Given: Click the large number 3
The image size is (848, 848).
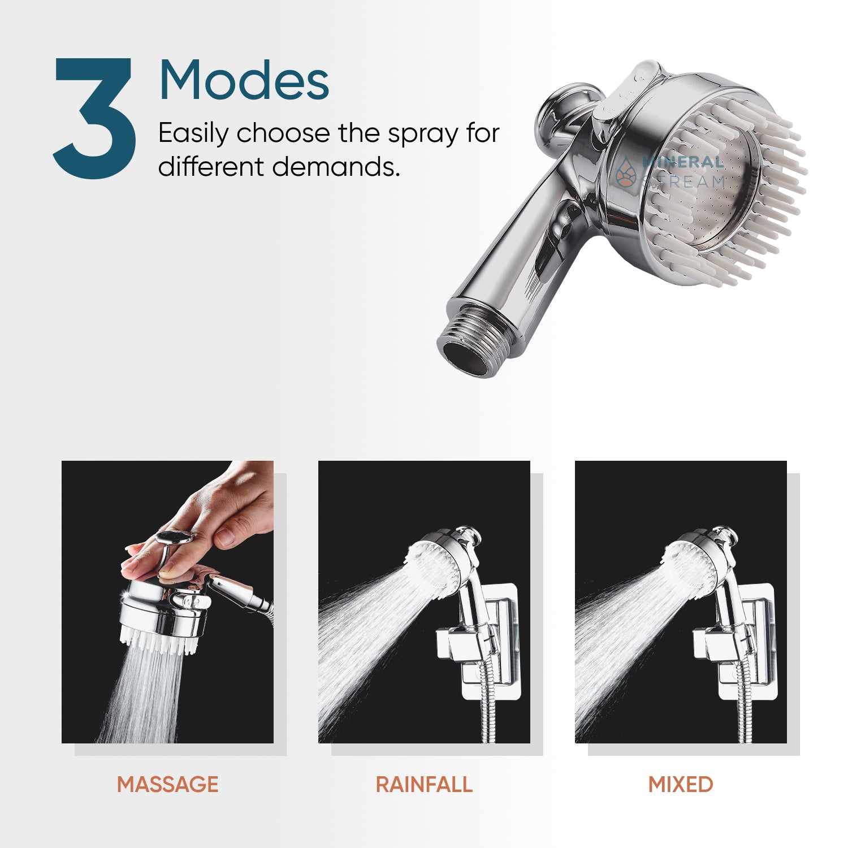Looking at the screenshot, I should click(x=94, y=119).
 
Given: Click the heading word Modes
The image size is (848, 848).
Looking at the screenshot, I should click(x=244, y=80).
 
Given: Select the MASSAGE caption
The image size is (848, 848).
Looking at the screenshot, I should click(x=167, y=784).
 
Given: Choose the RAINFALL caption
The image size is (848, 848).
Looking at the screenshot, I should click(x=424, y=784).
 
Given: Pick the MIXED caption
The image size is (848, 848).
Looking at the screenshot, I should click(x=681, y=784).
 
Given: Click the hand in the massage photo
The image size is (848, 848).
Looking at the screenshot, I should click(x=226, y=509).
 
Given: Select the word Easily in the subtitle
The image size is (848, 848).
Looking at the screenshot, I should click(x=193, y=134).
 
